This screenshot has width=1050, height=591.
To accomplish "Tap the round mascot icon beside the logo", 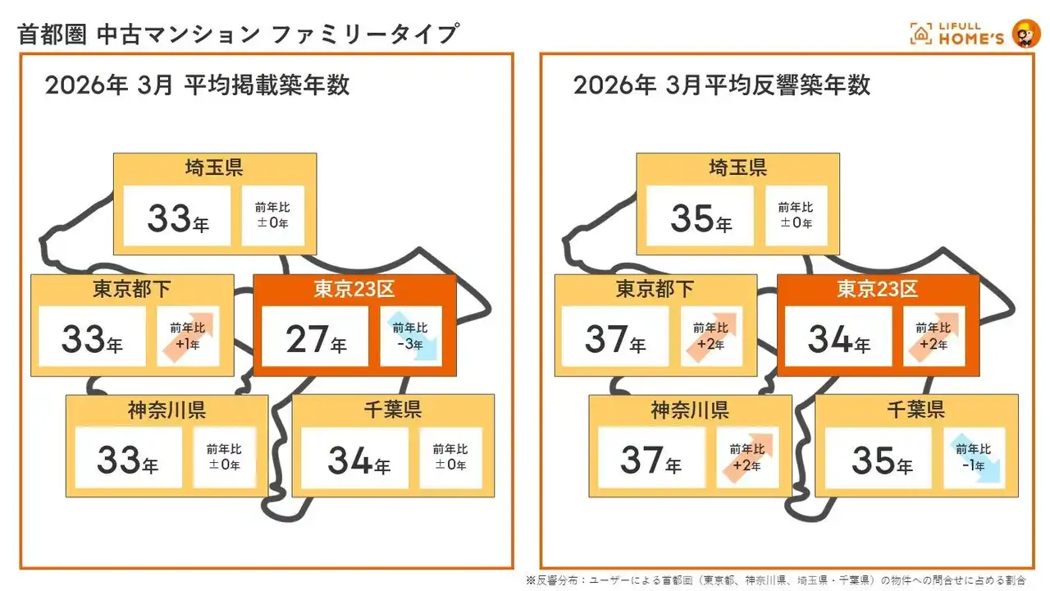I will [1025, 34].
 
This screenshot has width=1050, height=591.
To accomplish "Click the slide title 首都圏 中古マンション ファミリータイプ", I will [238, 34].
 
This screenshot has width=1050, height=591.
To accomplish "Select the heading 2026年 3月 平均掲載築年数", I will [198, 85].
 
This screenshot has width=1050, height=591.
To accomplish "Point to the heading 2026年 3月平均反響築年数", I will [722, 85].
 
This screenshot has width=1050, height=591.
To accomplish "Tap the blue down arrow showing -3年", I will [412, 335].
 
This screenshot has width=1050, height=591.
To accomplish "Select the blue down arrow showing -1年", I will [975, 457].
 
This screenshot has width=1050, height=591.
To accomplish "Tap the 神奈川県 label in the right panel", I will [690, 410].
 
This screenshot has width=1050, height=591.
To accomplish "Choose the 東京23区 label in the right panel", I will [878, 289].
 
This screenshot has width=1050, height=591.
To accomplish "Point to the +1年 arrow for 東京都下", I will [188, 335].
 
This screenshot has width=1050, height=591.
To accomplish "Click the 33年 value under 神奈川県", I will [127, 460].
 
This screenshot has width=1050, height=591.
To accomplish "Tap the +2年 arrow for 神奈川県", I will [747, 457].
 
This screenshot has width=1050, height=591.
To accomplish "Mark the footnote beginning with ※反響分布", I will [775, 580].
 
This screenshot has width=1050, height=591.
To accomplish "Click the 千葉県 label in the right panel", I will [915, 410].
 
